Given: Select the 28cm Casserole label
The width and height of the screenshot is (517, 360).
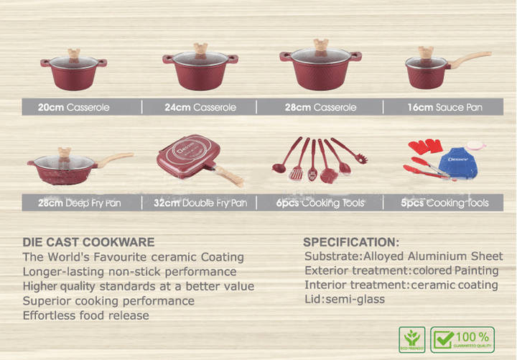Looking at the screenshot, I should (x=320, y=108).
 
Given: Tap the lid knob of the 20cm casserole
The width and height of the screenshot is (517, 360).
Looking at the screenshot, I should (x=73, y=52).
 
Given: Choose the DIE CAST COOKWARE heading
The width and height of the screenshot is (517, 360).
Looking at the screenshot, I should (x=88, y=242).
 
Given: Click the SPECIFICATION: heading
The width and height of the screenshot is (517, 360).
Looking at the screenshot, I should (x=350, y=242).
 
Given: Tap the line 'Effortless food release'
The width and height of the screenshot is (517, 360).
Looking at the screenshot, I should (x=85, y=315).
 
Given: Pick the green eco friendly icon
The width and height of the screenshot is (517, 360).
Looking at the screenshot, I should (x=411, y=338).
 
